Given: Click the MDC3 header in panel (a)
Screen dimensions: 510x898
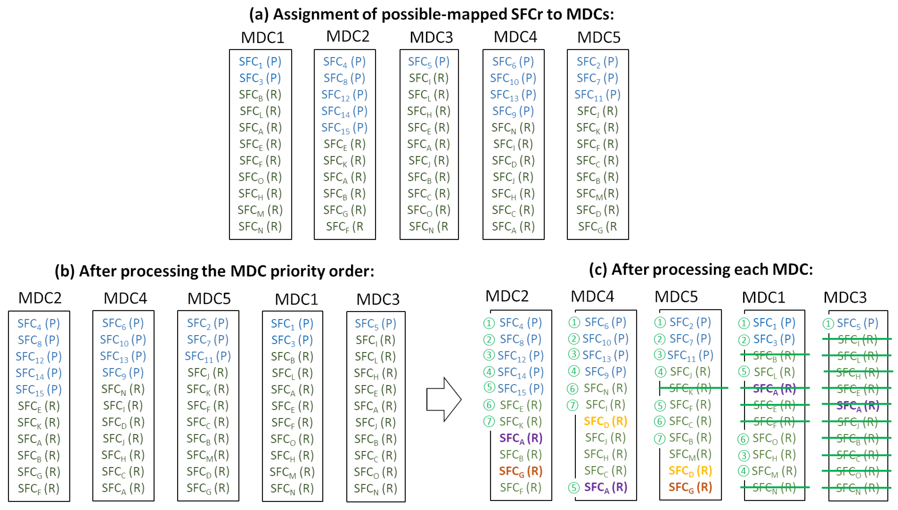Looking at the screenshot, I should tap(431, 37).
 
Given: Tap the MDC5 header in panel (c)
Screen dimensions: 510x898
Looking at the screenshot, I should tap(676, 297).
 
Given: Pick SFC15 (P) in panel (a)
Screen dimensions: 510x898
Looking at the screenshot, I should tap(344, 128).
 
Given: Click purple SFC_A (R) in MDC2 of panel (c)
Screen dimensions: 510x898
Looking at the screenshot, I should tap(520, 438).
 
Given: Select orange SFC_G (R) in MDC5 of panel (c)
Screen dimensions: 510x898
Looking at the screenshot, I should tap(690, 487).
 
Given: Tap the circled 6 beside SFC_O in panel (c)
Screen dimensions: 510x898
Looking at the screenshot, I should tap(743, 439).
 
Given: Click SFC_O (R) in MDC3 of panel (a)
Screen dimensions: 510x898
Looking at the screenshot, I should tap(429, 210).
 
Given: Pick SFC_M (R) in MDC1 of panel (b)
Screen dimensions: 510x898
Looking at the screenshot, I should tap(292, 472).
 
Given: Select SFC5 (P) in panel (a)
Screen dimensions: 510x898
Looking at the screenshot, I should tap(429, 62).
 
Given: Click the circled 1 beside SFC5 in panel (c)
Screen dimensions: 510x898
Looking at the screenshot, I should tap(828, 324).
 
